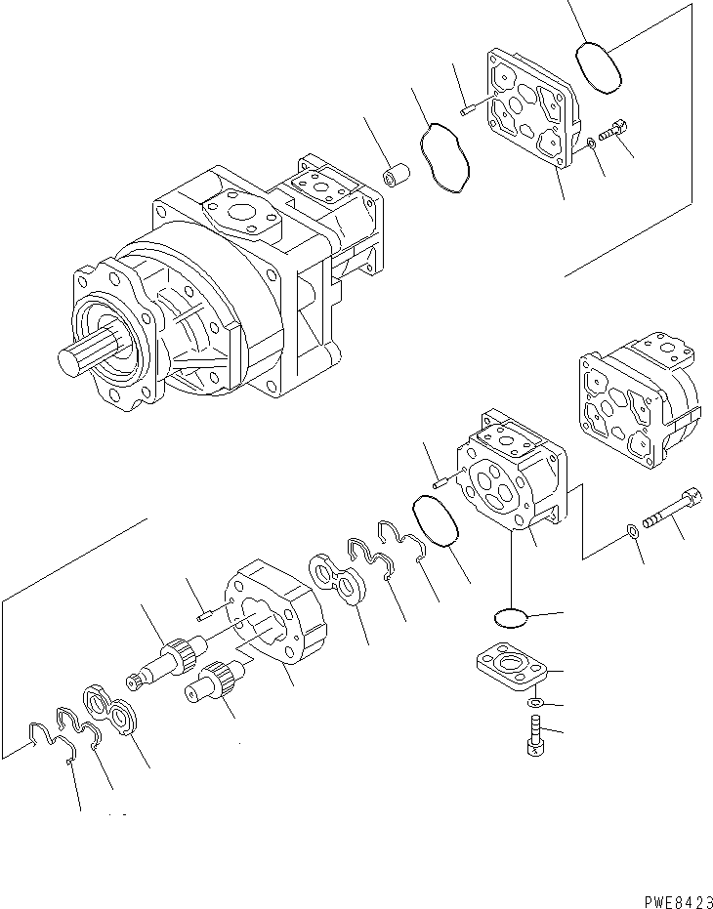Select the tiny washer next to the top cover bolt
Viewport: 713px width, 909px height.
pyautogui.click(x=591, y=146)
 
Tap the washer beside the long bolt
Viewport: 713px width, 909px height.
pyautogui.click(x=632, y=531)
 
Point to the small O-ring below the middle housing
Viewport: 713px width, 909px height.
pyautogui.click(x=509, y=617)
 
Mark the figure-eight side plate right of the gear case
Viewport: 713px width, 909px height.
pyautogui.click(x=337, y=581)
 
